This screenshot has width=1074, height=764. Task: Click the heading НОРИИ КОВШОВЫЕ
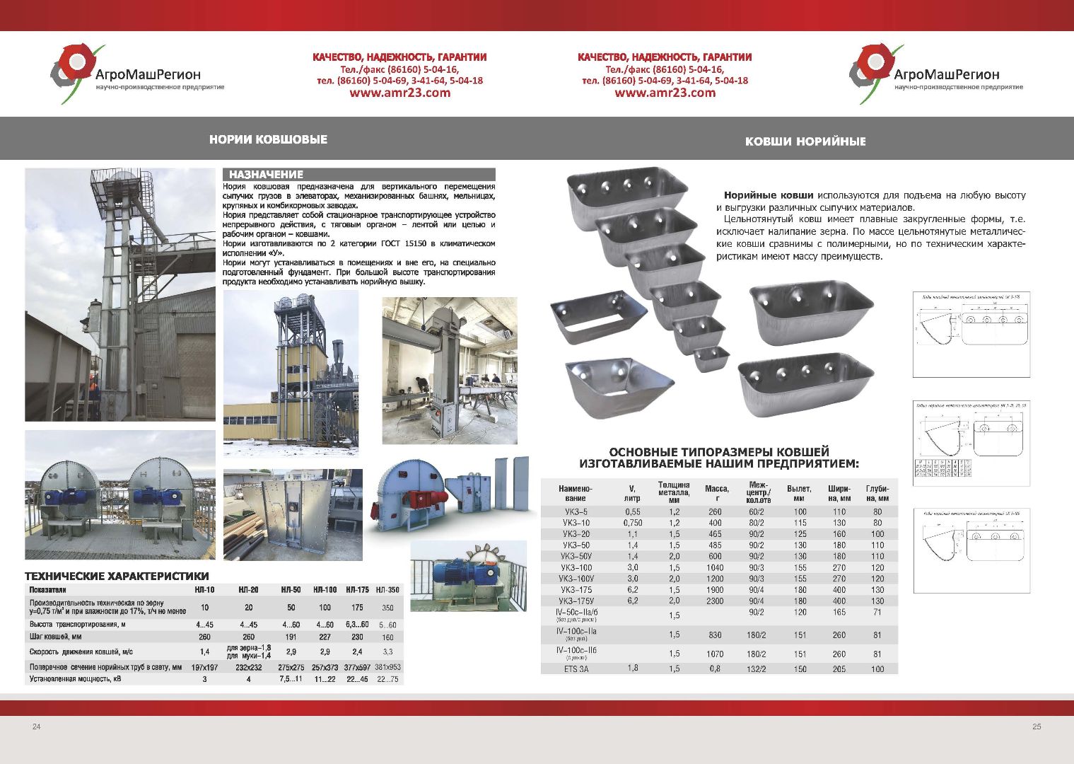[268, 139]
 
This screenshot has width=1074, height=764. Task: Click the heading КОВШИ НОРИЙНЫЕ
[805, 141]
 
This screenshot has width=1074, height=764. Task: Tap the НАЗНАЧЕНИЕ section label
[266, 174]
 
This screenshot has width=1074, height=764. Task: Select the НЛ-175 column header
[357, 589]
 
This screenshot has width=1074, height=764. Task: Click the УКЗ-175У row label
[576, 601]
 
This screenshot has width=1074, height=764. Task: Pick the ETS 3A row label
[576, 668]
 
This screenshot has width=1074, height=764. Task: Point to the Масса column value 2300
[715, 601]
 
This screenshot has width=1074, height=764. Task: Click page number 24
[37, 727]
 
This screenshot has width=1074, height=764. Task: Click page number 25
[1037, 727]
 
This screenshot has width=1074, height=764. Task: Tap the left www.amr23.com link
[399, 93]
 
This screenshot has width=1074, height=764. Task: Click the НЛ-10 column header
[204, 589]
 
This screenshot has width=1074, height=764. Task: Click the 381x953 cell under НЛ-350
[387, 667]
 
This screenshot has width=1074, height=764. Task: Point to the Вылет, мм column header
[799, 489]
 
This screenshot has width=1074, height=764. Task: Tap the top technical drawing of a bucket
[970, 334]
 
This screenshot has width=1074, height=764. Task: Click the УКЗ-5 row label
[576, 511]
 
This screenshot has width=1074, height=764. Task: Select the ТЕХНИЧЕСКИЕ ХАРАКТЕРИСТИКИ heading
[117, 576]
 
